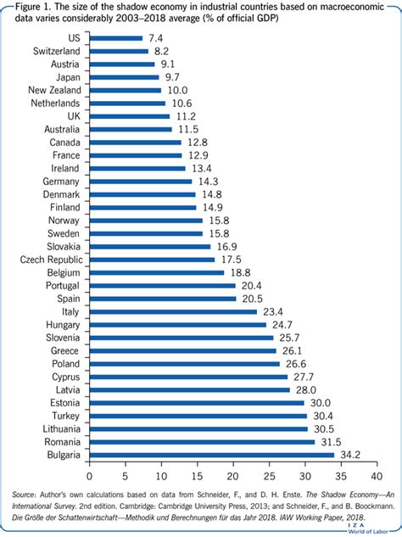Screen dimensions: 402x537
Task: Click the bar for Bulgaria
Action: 212,456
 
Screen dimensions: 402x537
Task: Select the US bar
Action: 116,38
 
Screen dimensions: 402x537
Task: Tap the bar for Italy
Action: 173,311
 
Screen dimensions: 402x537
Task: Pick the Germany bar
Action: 141,182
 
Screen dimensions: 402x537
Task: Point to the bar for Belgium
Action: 157,272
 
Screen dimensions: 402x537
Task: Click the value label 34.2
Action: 350,456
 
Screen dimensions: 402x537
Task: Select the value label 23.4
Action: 273,311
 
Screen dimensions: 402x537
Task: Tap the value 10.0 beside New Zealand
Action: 178,91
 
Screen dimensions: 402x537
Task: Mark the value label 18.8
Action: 240,272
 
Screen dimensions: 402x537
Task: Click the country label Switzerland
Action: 57,51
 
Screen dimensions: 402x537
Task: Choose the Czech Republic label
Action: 52,260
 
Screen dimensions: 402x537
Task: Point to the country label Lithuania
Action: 62,428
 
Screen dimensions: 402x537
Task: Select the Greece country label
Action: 64,350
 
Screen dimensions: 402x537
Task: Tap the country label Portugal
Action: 63,286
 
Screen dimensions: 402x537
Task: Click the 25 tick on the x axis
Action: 269,476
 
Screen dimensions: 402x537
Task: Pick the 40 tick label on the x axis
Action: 377,476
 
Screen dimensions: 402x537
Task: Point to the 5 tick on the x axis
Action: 126,476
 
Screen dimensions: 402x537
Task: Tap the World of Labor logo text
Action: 368,532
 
